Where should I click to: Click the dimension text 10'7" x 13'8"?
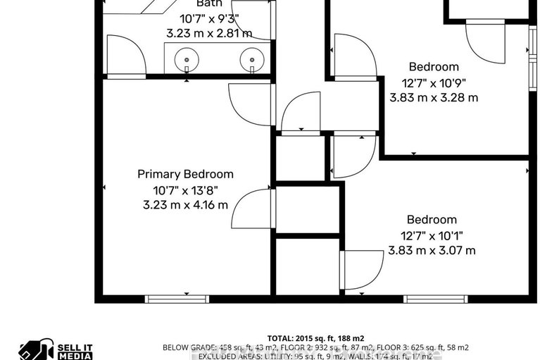pos(185,190)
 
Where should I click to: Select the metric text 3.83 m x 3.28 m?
pos(434,98)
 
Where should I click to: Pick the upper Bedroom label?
pos(434,67)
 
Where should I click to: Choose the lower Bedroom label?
pos(432,220)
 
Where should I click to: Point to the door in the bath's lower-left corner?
pos(125,54)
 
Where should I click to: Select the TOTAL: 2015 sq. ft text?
pos(315,338)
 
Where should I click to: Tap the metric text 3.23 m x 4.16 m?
pos(185,205)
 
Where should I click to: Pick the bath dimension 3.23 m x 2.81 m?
pos(209,33)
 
